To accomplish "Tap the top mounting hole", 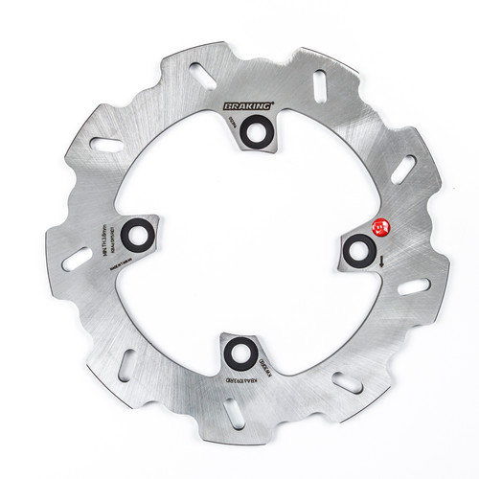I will click(258, 131).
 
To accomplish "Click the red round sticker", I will click(378, 226).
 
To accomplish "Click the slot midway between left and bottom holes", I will click(127, 365).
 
